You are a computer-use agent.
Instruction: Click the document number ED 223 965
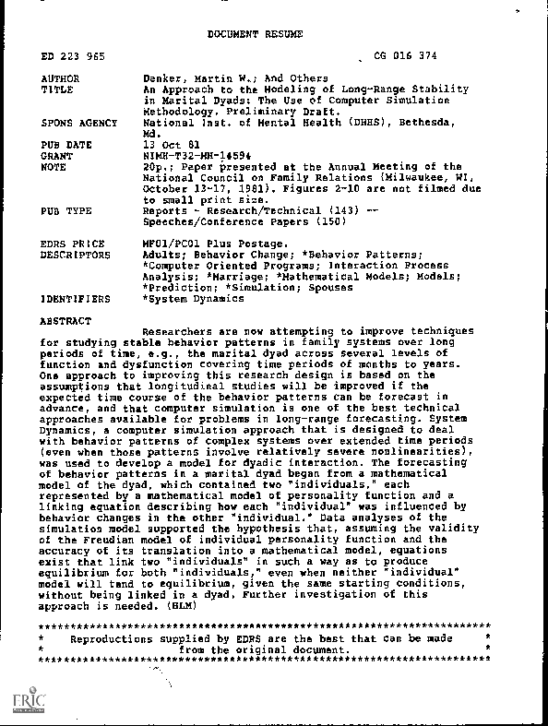[x=73, y=57]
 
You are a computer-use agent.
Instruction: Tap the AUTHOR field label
[x=61, y=78]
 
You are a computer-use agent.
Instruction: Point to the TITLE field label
[x=57, y=89]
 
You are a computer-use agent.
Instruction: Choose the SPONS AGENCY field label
[x=79, y=123]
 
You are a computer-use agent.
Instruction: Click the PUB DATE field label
[x=66, y=145]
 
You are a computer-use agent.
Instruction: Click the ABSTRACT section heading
[x=66, y=320]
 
